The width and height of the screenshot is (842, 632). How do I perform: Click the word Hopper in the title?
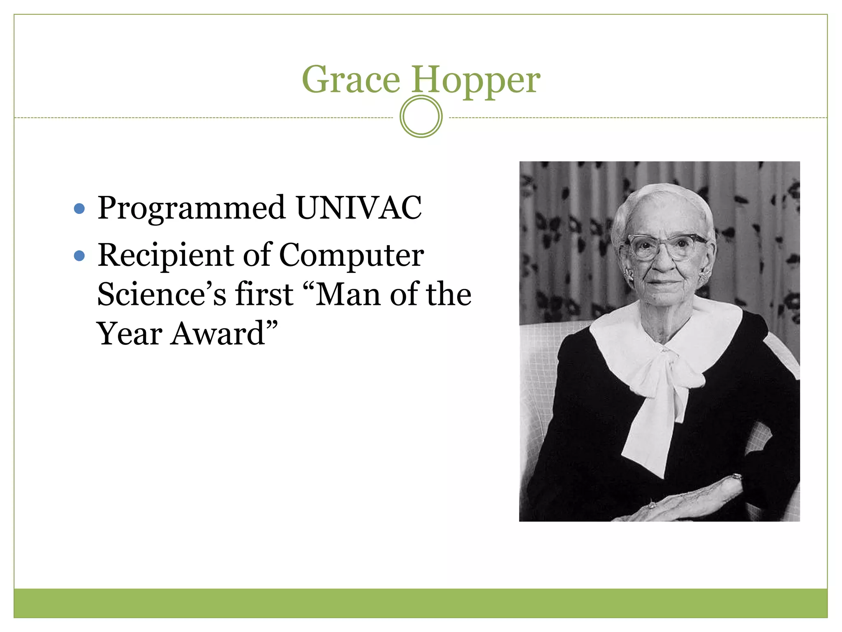click(x=476, y=80)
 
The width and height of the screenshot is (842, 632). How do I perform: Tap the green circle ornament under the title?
click(x=421, y=116)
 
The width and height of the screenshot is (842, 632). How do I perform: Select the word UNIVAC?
click(x=359, y=207)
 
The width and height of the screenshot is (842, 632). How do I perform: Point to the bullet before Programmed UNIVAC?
click(x=79, y=209)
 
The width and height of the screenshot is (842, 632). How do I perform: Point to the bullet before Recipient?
click(x=79, y=256)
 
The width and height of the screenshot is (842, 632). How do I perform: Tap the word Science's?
click(x=161, y=294)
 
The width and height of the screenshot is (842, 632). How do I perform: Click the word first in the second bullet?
click(x=264, y=294)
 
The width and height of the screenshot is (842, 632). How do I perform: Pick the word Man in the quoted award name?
click(x=348, y=294)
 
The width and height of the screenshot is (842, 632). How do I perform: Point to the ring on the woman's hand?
click(x=652, y=504)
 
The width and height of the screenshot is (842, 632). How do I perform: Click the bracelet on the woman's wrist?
click(x=736, y=477)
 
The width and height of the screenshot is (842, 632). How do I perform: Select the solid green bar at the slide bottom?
click(x=421, y=603)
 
